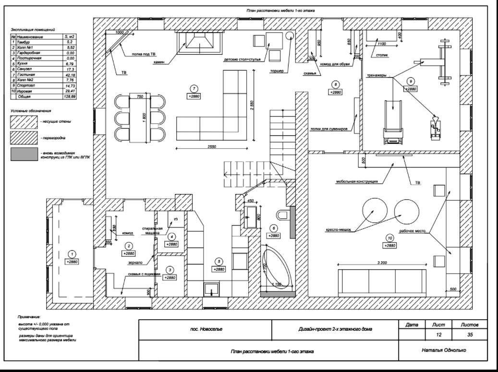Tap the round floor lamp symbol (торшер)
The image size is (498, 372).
coord(290,35)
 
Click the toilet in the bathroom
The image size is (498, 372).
coord(282,214)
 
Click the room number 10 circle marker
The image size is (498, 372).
coord(389,238)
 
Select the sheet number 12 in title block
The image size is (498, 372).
coord(438,334)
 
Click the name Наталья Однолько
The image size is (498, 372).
coord(444,350)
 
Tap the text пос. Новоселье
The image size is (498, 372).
coord(206,329)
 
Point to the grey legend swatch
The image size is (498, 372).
coord(24,154)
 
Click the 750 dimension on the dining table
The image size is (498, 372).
coord(140,97)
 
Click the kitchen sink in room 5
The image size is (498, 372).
coord(211,289)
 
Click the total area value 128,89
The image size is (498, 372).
coord(70,96)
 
